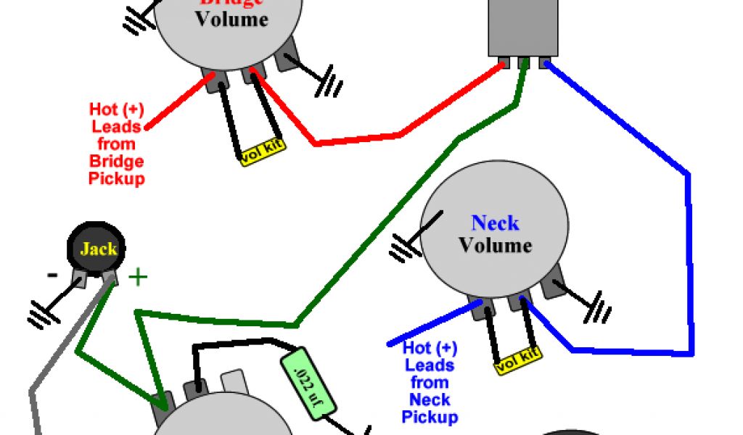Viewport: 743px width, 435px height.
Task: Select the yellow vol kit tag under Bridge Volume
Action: (x=263, y=150)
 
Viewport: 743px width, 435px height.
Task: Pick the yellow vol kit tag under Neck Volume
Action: (x=519, y=360)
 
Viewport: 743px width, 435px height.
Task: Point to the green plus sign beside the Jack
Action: (x=137, y=276)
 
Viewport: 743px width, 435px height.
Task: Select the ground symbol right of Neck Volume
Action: (x=598, y=309)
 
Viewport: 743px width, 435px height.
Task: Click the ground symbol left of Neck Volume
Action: (x=401, y=248)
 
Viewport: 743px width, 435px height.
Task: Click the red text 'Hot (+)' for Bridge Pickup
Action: (x=116, y=109)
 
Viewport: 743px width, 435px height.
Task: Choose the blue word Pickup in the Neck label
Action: (x=430, y=417)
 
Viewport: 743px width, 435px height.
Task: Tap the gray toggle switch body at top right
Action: (x=523, y=27)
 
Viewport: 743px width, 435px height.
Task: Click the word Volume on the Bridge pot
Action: (x=231, y=19)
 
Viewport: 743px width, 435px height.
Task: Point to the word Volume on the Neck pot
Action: (x=495, y=245)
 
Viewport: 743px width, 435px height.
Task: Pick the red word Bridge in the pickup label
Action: (x=116, y=161)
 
